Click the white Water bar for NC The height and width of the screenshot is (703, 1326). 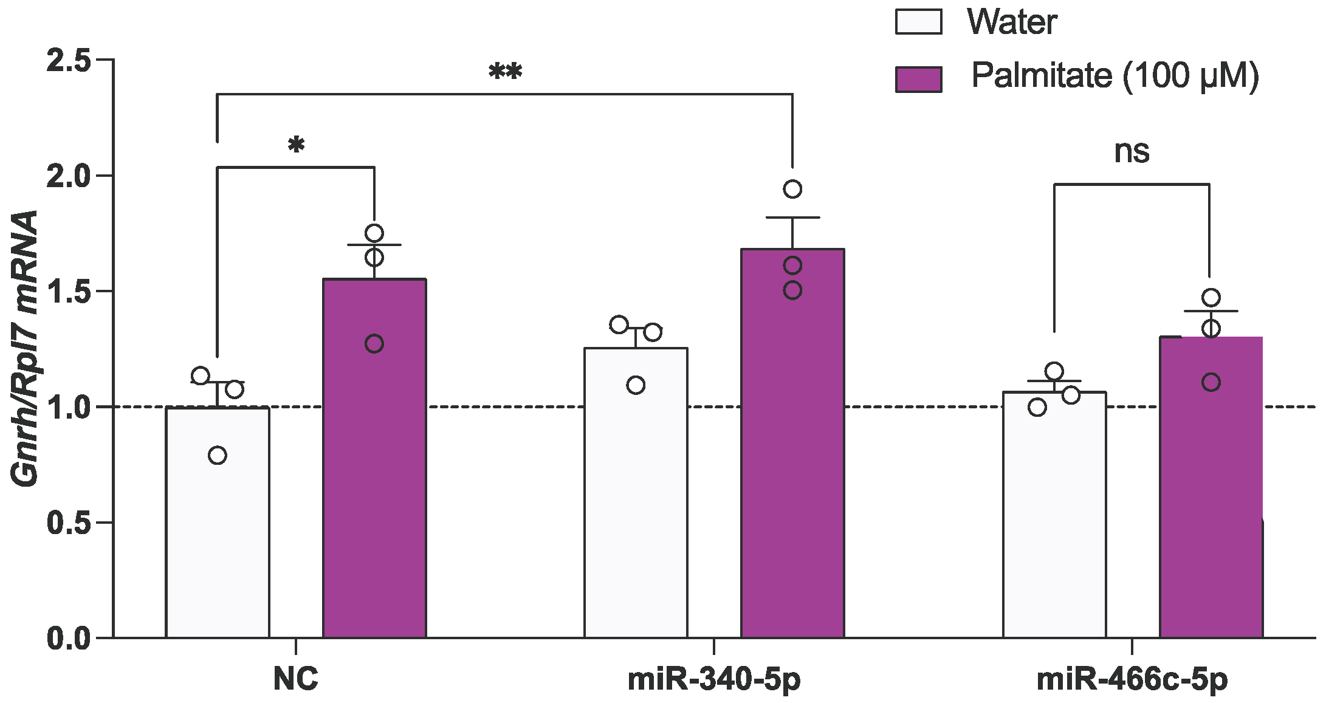pos(218,535)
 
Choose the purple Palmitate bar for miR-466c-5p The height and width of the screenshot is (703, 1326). pos(1211,498)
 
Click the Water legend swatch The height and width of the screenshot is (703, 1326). pos(918,22)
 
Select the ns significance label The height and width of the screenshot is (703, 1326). pos(1132,152)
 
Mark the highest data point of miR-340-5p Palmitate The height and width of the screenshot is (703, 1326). pos(792,189)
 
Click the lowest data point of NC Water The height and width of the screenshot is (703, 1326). pos(218,455)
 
